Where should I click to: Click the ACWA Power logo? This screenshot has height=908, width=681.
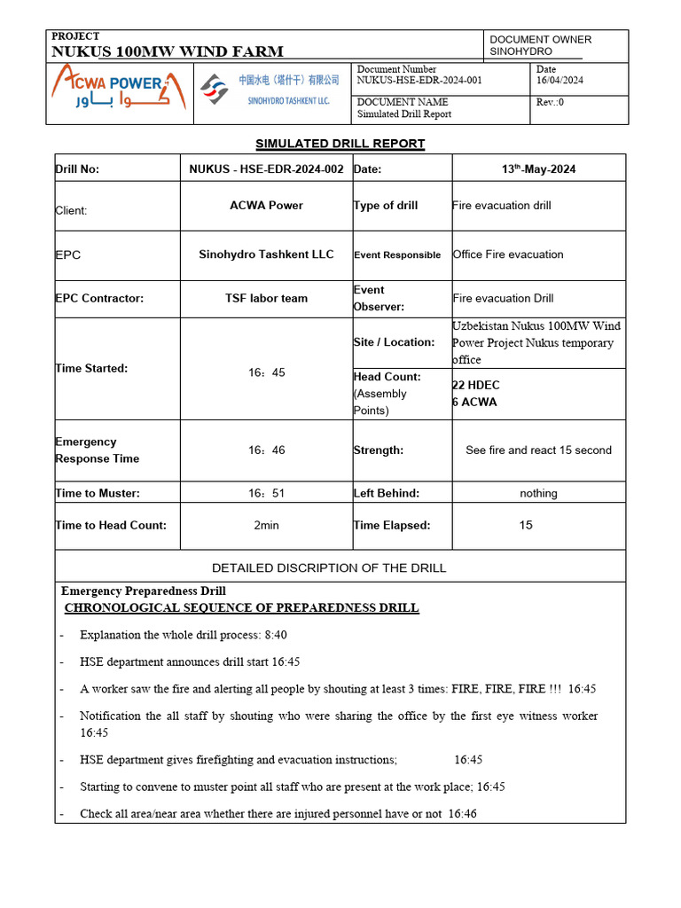[x=118, y=92]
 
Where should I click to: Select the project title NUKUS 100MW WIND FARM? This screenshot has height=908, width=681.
[x=168, y=51]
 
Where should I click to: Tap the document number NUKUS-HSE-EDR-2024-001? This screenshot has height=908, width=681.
[x=419, y=81]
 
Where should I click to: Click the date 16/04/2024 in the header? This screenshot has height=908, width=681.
[x=560, y=81]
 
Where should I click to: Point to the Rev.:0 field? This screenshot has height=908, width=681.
[x=550, y=102]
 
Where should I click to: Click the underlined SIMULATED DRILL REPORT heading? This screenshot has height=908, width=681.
[x=340, y=144]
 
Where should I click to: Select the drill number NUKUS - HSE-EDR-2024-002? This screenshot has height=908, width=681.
[x=266, y=168]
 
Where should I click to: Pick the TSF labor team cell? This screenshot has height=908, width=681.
[x=266, y=299]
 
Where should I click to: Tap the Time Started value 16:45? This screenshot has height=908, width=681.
[x=266, y=373]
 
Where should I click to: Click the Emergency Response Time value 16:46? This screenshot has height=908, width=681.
[x=266, y=450]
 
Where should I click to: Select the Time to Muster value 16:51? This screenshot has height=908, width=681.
[x=266, y=494]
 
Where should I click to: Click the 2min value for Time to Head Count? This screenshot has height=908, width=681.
[x=266, y=526]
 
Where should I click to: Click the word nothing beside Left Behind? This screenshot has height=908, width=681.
[x=538, y=494]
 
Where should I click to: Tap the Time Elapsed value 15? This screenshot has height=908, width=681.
[x=526, y=526]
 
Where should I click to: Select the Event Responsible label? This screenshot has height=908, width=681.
[x=397, y=255]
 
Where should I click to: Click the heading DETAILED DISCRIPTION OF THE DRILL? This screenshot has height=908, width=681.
[x=329, y=568]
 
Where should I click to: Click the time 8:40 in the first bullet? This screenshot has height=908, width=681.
[x=271, y=636]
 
